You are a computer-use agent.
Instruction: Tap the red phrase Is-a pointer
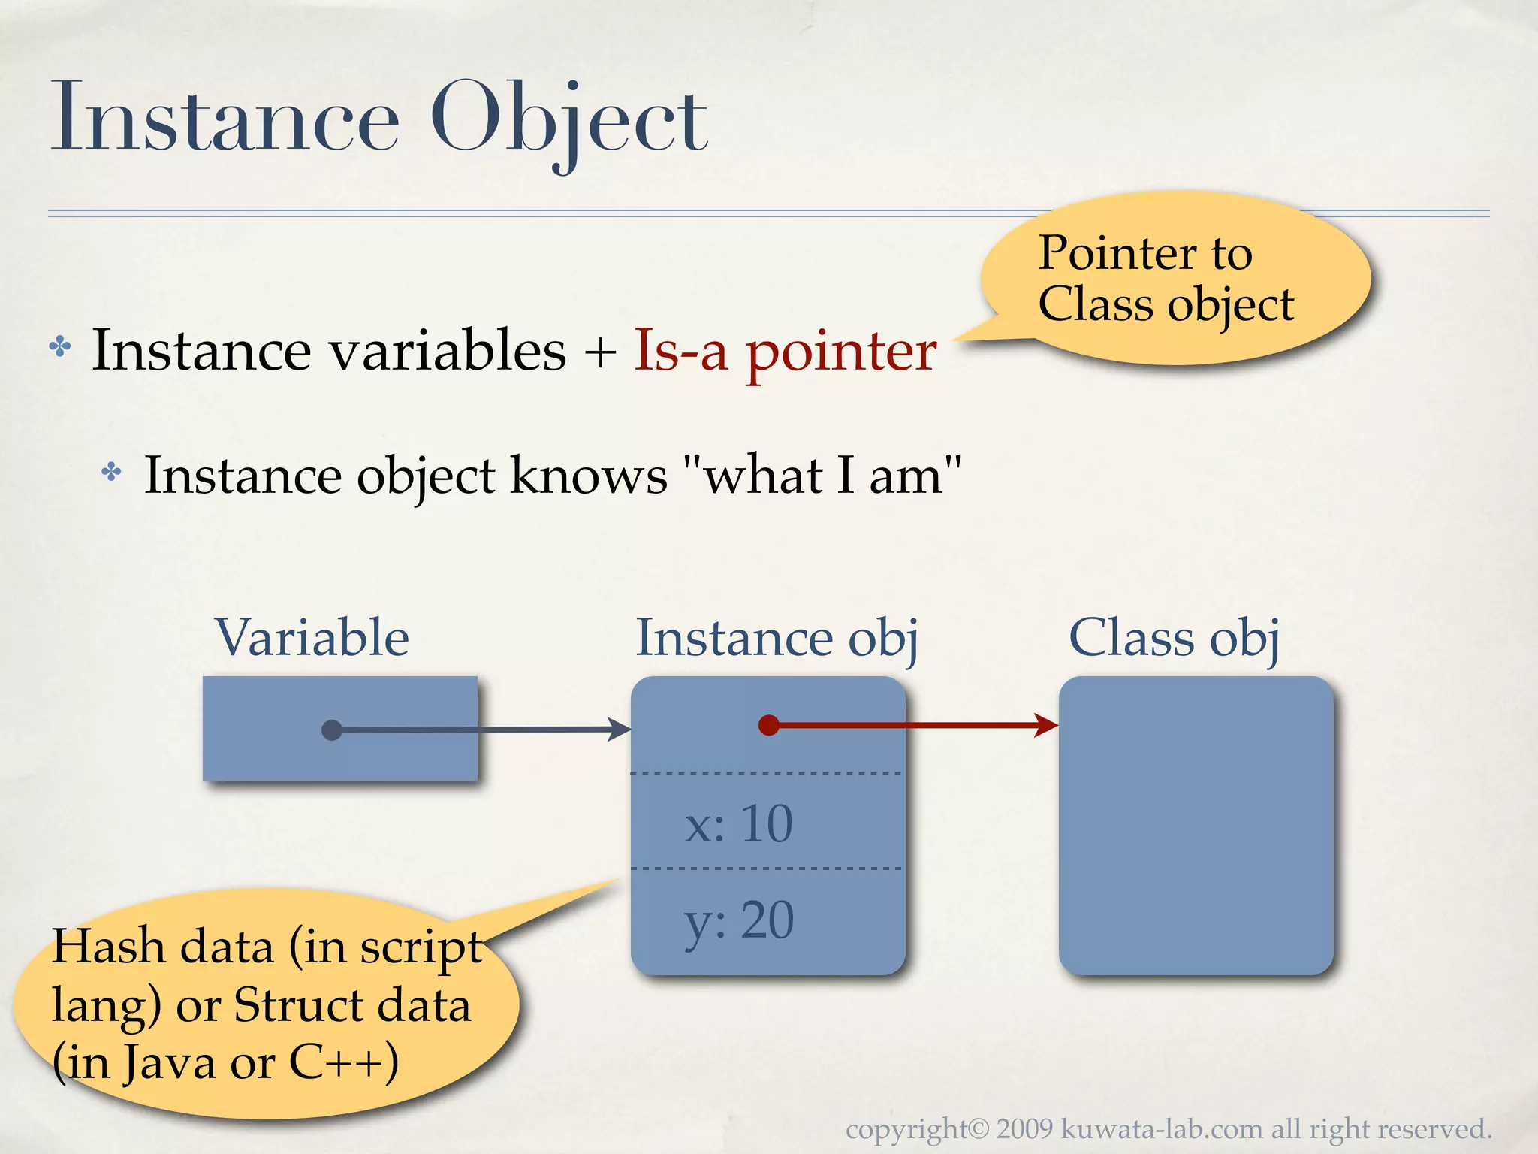click(x=785, y=351)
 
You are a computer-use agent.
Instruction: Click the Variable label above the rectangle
click(x=312, y=638)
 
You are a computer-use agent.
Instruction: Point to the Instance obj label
click(x=777, y=638)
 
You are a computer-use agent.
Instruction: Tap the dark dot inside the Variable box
click(x=331, y=730)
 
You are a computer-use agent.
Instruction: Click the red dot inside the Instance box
click(x=768, y=725)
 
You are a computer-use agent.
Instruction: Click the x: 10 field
click(x=739, y=824)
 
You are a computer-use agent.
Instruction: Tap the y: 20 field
click(x=739, y=920)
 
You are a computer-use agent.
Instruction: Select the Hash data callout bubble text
click(x=263, y=1004)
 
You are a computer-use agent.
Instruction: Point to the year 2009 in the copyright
click(x=1025, y=1129)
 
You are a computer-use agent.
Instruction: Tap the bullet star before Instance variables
click(x=60, y=347)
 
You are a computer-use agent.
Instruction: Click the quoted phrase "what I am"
click(x=822, y=476)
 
